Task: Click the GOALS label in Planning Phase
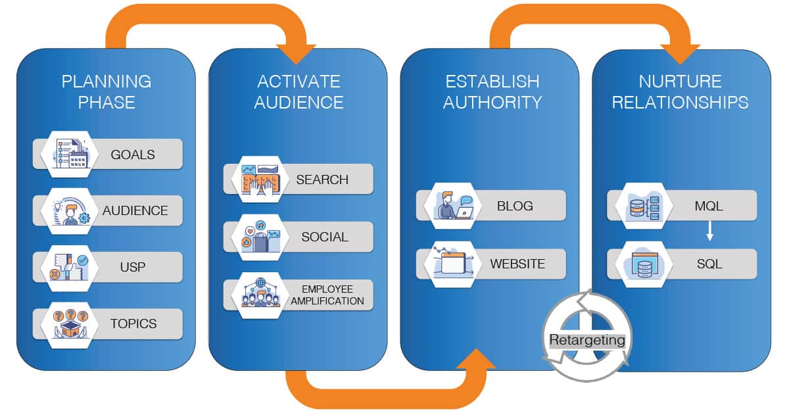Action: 133,155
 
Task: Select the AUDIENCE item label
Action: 135,211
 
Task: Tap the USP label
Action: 133,268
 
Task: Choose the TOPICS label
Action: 133,324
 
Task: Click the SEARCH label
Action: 322,180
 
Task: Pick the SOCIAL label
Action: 325,237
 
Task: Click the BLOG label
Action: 515,206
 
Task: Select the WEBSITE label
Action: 517,264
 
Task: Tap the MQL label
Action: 709,206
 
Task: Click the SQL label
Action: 709,264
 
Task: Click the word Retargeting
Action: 587,340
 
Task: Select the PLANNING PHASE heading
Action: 107,91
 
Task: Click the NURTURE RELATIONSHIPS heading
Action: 681,91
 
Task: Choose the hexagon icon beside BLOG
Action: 452,205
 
